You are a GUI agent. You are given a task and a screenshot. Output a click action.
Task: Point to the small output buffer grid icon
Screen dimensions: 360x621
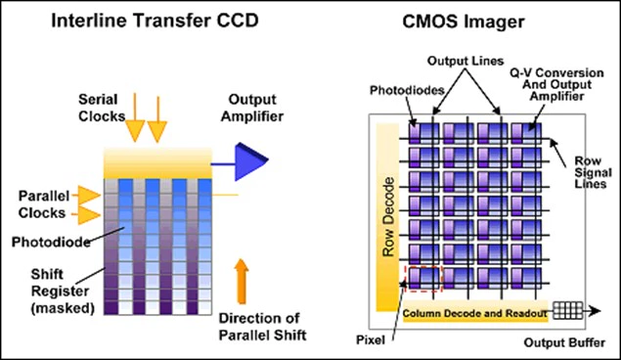568,312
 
